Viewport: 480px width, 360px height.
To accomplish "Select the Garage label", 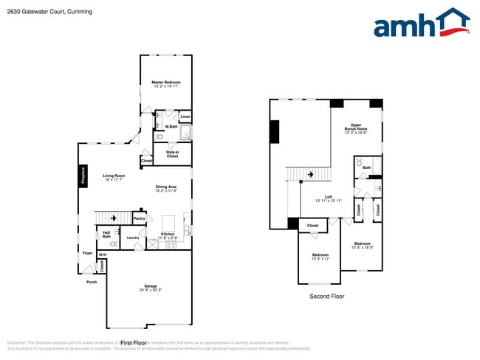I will pyautogui.click(x=151, y=288).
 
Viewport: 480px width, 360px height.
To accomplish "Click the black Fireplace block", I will pyautogui.click(x=83, y=176).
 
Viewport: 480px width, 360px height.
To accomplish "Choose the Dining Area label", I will pyautogui.click(x=166, y=188).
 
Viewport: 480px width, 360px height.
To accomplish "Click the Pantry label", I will pyautogui.click(x=139, y=218).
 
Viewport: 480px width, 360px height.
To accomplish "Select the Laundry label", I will pyautogui.click(x=133, y=238).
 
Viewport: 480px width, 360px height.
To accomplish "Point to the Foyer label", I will pyautogui.click(x=87, y=253).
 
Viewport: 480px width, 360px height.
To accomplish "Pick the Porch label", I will pyautogui.click(x=92, y=282).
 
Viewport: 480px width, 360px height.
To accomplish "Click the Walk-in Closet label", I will pyautogui.click(x=172, y=155).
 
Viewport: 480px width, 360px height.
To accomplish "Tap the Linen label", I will pyautogui.click(x=185, y=117).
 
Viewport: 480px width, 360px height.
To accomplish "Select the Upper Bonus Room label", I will pyautogui.click(x=356, y=128).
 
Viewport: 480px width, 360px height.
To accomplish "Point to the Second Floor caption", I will pyautogui.click(x=326, y=296).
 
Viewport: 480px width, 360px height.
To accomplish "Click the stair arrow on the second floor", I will pyautogui.click(x=310, y=174).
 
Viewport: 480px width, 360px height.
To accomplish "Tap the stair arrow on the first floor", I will pyautogui.click(x=113, y=218).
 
